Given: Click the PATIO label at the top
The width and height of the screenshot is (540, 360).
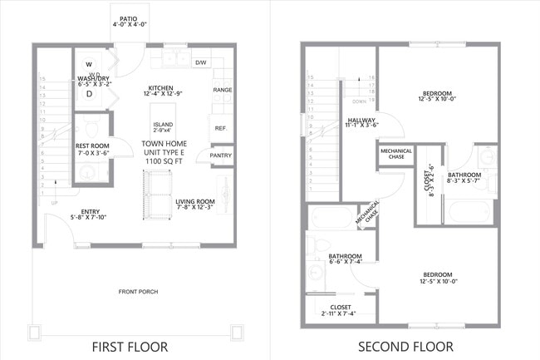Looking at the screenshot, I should [128, 17].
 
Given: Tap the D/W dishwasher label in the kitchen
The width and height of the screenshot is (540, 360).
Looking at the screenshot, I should [200, 62].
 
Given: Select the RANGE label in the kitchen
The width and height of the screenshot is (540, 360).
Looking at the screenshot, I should [222, 90].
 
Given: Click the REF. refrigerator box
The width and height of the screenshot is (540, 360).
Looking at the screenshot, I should [220, 128].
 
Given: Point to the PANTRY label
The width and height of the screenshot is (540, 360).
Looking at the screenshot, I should [221, 155].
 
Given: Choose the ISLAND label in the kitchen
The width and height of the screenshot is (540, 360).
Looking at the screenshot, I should [163, 126].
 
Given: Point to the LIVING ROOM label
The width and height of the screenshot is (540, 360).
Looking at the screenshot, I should [195, 202].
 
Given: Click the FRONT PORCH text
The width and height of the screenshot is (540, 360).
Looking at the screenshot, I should [137, 292].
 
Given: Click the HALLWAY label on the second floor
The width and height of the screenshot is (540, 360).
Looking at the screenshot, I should [361, 121].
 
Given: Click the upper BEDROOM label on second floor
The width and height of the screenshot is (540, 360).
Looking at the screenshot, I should [438, 95].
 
